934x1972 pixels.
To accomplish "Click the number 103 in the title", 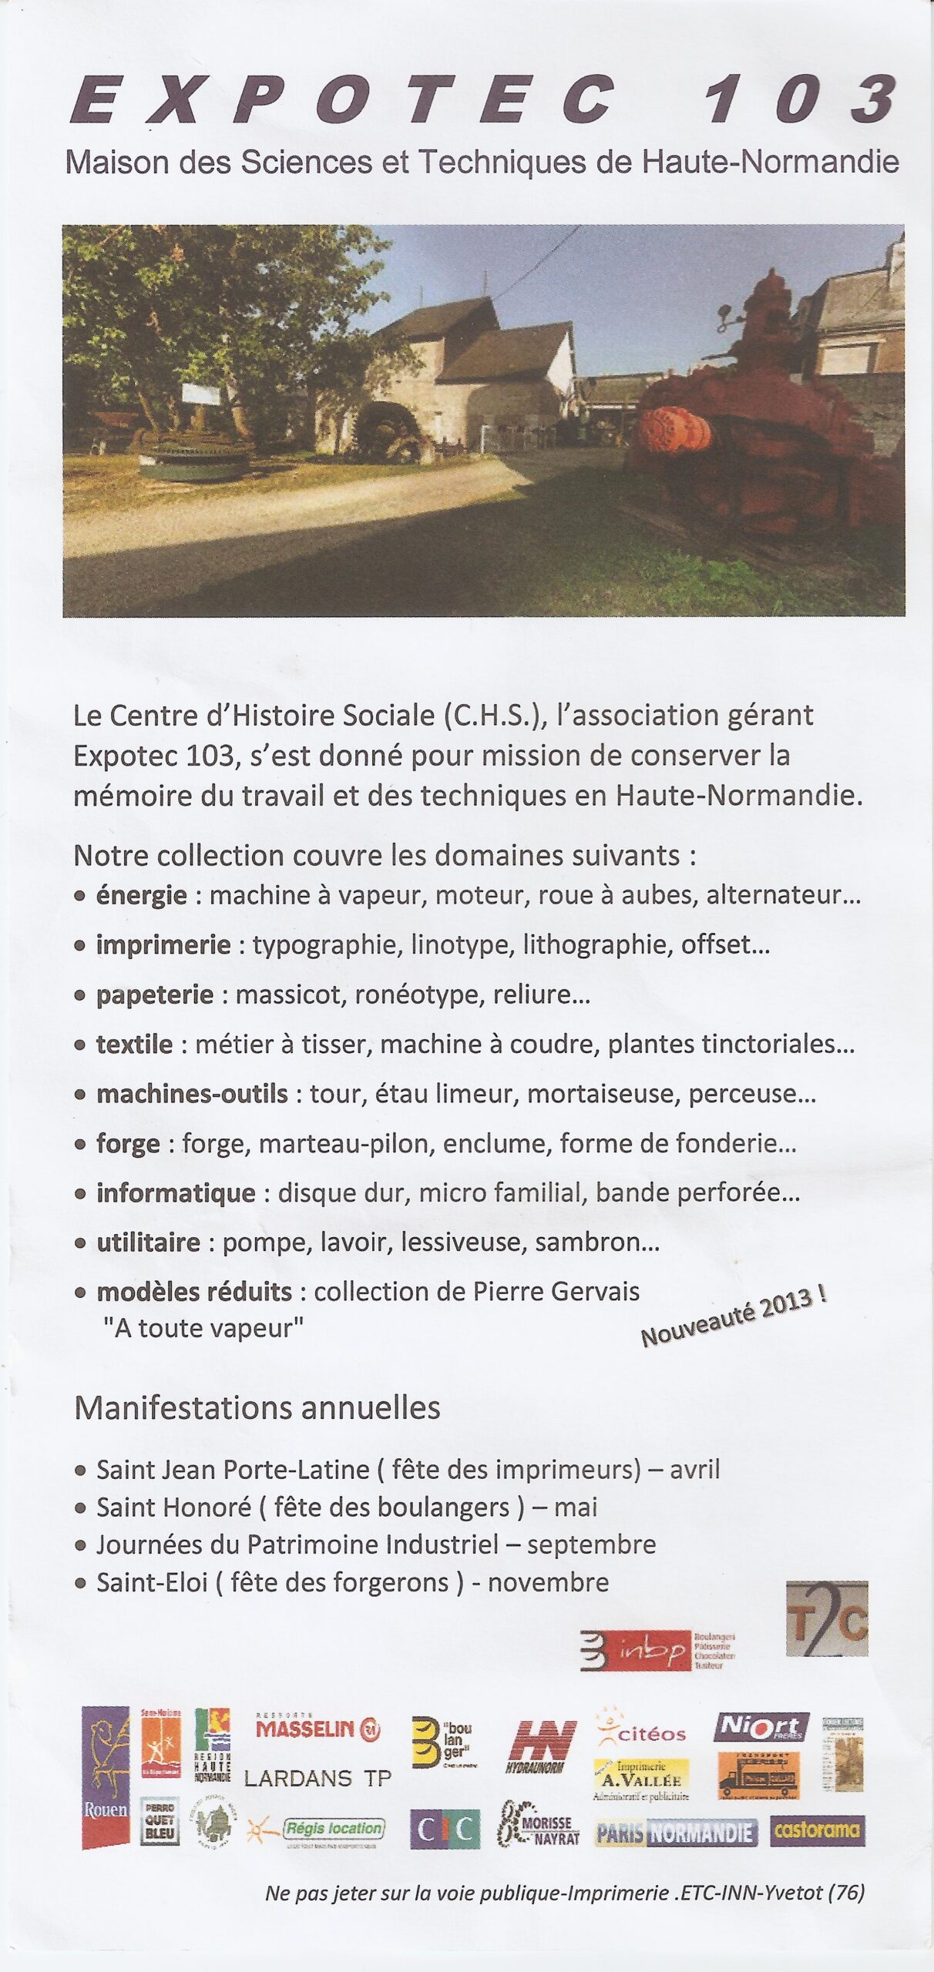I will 801,100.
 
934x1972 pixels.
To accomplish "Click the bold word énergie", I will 141,895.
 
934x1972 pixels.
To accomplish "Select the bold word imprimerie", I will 163,944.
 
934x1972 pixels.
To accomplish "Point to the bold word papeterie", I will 154,994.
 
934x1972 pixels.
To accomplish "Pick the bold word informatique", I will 176,1192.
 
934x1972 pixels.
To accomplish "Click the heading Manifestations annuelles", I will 257,1408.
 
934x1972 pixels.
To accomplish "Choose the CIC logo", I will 445,1829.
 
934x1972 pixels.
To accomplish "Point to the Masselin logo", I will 317,1730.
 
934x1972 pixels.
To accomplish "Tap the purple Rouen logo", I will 106,1776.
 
